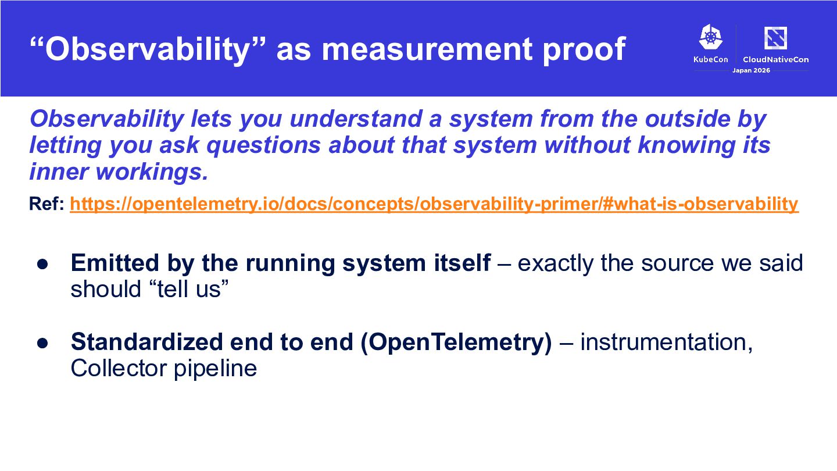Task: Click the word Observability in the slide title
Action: point(147,50)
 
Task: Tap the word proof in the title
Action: point(584,51)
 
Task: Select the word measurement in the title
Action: point(427,50)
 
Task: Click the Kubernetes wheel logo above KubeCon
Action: point(711,37)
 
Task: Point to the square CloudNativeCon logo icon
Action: point(776,38)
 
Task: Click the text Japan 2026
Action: point(751,70)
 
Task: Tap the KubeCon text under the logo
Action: point(711,59)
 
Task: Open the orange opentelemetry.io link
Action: point(434,204)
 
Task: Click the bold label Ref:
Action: point(46,204)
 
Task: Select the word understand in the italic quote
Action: point(356,119)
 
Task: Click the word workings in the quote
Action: point(152,172)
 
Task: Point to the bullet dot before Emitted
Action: point(42,264)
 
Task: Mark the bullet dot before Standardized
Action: point(42,343)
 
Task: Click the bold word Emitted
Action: point(115,263)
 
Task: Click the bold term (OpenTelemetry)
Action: point(456,342)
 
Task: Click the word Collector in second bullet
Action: point(119,369)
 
